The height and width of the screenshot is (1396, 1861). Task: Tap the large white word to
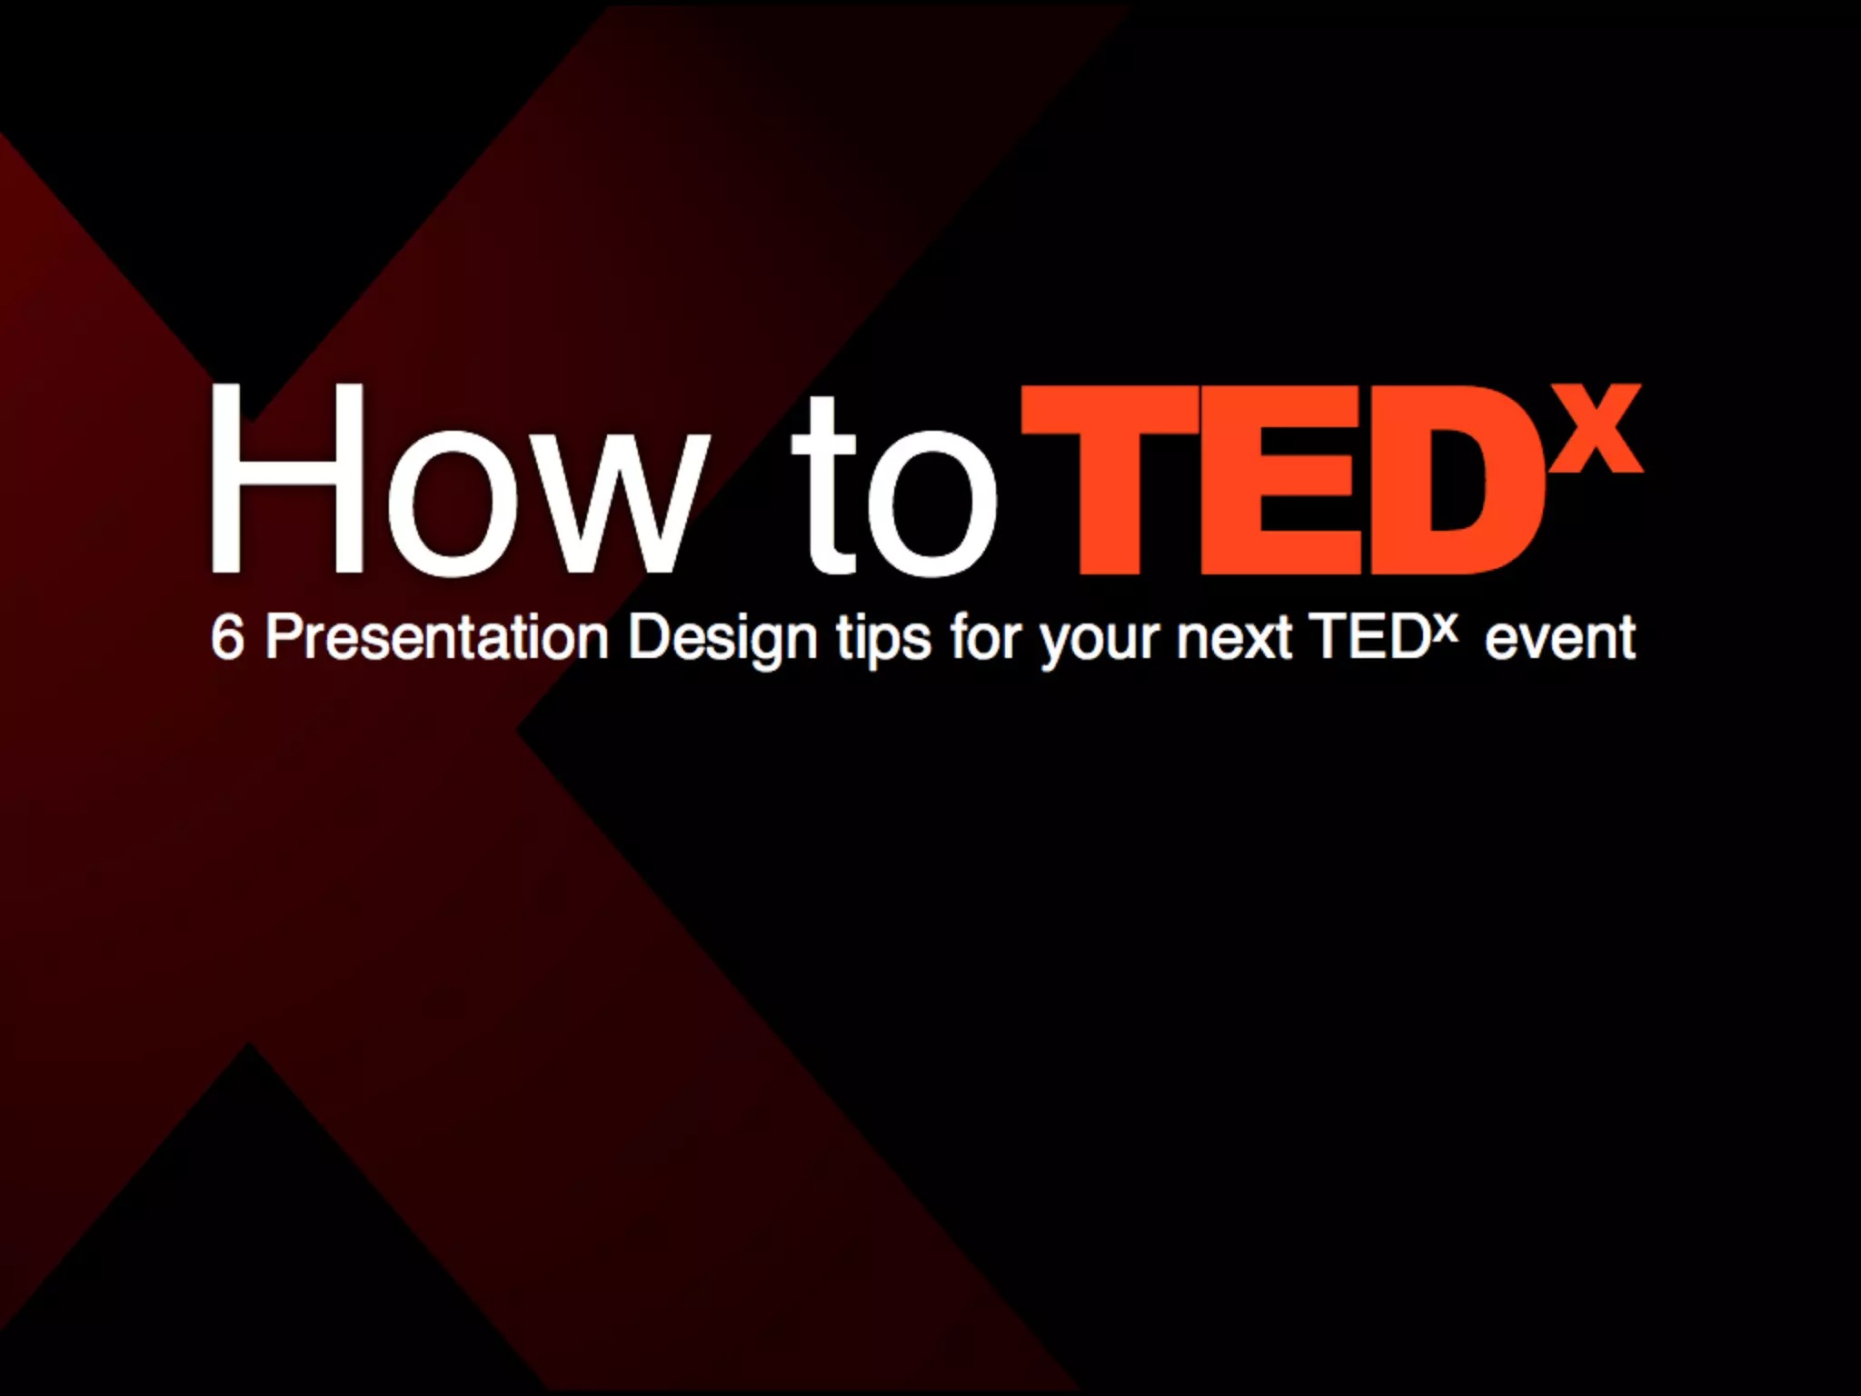point(895,486)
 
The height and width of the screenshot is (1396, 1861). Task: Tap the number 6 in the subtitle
point(227,638)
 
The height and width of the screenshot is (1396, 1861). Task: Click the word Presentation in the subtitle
point(436,638)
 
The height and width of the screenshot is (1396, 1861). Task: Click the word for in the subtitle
point(986,638)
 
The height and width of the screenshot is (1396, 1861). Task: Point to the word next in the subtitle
point(1233,638)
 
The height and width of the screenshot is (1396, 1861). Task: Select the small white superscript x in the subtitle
point(1446,626)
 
